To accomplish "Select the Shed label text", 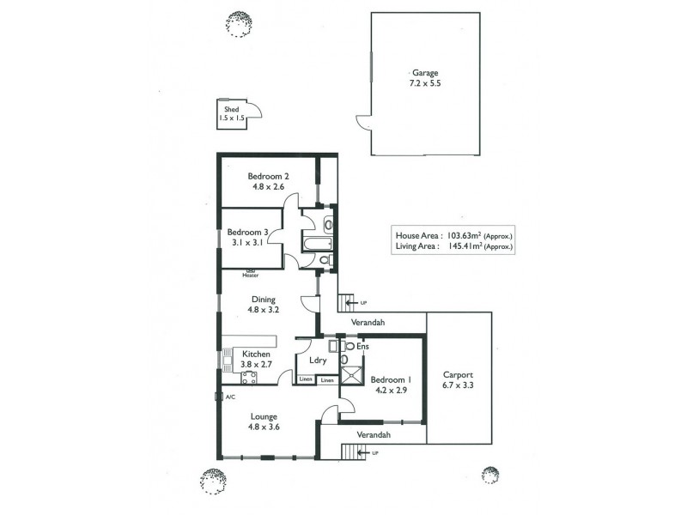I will pyautogui.click(x=230, y=110).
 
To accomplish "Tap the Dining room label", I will pyautogui.click(x=263, y=299).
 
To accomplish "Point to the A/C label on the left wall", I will pyautogui.click(x=230, y=397).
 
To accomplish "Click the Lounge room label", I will pyautogui.click(x=264, y=416).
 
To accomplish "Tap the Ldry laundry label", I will pyautogui.click(x=316, y=361).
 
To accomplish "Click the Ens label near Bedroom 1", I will pyautogui.click(x=362, y=347).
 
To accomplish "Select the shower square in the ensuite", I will pyautogui.click(x=352, y=372).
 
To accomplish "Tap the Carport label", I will pyautogui.click(x=459, y=375).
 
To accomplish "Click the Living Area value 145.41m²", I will pyautogui.click(x=462, y=246).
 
